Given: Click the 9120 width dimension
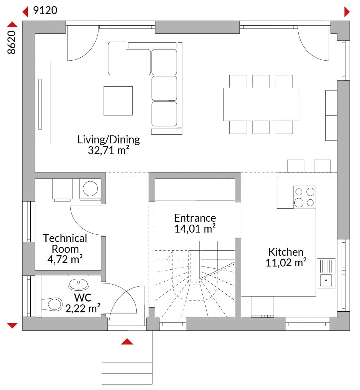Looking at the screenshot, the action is (45, 10).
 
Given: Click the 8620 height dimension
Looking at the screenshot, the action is (12, 42).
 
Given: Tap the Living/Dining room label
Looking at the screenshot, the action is (109, 140).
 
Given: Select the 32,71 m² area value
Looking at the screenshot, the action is (109, 151).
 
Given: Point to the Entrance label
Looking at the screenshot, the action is (195, 218).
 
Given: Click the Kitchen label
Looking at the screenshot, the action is (286, 252).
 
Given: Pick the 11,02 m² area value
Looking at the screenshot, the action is (286, 263).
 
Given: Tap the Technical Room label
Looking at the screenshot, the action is (65, 243).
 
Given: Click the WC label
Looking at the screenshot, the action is (83, 298).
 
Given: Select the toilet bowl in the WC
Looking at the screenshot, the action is (52, 304).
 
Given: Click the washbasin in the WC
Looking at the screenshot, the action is (78, 283).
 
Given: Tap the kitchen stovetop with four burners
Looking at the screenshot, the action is (304, 197).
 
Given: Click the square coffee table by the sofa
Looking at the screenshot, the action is (118, 101).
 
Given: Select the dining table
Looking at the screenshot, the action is (261, 104).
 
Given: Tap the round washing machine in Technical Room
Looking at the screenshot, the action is (90, 188).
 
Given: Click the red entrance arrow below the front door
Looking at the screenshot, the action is (127, 342).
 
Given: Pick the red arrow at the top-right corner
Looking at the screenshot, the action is (347, 12).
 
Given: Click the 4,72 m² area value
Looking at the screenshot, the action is (65, 259).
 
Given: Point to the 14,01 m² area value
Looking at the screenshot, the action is (195, 229).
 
